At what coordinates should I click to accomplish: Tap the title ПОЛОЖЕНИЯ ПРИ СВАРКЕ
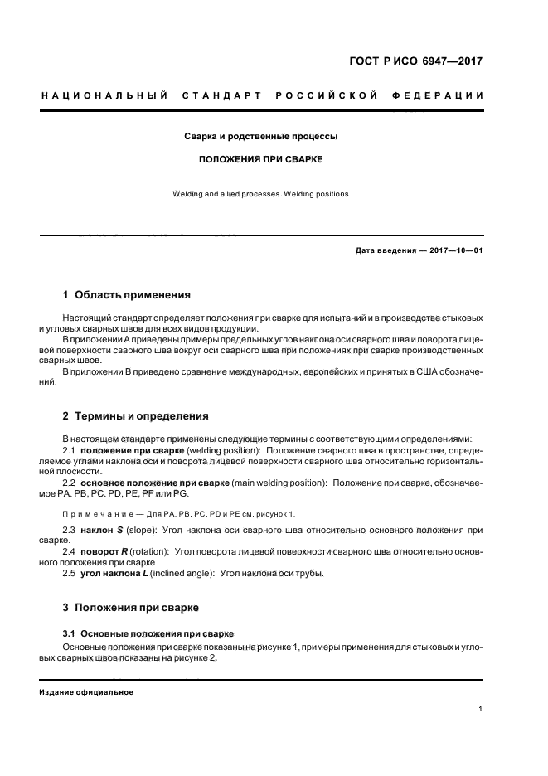pos(260,158)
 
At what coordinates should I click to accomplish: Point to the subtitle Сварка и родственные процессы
pos(260,135)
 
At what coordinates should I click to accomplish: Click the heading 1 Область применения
pos(127,294)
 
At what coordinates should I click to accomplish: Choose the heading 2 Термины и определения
pos(136,416)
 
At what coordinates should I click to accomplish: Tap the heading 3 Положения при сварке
pos(131,608)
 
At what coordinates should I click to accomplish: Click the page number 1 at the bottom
pos(481,709)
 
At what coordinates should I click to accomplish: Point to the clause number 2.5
pos(70,573)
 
